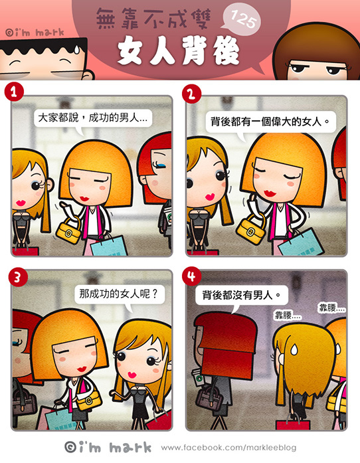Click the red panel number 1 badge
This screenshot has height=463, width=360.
pyautogui.click(x=14, y=92)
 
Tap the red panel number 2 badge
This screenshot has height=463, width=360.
pyautogui.click(x=192, y=94)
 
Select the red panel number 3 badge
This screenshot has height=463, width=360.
pyautogui.click(x=18, y=277)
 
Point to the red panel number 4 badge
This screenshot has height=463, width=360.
pyautogui.click(x=192, y=276)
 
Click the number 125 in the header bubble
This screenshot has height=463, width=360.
pyautogui.click(x=243, y=20)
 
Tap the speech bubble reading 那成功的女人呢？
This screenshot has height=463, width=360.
pyautogui.click(x=120, y=296)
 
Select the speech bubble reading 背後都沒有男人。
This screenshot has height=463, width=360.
pyautogui.click(x=241, y=296)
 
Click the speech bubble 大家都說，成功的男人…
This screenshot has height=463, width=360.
pyautogui.click(x=92, y=120)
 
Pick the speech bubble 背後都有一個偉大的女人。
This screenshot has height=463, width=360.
pyautogui.click(x=270, y=122)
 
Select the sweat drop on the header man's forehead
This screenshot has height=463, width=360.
pyautogui.click(x=76, y=49)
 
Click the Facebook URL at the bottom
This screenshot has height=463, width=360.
pyautogui.click(x=228, y=448)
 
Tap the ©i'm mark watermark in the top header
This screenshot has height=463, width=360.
pyautogui.click(x=35, y=32)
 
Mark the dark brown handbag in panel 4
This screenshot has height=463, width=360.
pyautogui.click(x=209, y=397)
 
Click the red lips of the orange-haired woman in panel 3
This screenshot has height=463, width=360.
pyautogui.click(x=82, y=369)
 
